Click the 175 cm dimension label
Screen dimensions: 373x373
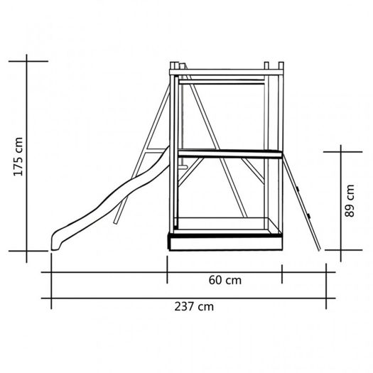[18, 157]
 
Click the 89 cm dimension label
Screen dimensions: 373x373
[350, 201]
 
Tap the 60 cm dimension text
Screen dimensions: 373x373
[225, 280]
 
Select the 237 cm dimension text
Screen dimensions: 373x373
[194, 306]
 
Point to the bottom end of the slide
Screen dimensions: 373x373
[55, 249]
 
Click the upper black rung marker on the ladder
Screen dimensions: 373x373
[298, 190]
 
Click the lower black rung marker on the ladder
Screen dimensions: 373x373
[308, 216]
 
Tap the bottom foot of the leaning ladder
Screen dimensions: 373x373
[320, 250]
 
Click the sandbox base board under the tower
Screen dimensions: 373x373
[225, 243]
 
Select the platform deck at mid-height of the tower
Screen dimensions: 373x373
[229, 153]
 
